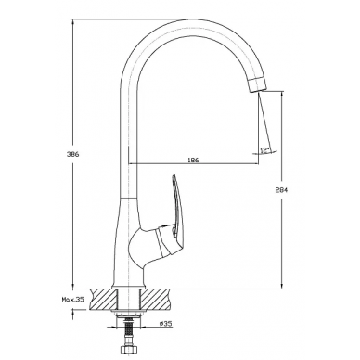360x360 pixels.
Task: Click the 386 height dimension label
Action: tap(73, 154)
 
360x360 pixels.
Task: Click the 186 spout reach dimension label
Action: tap(193, 160)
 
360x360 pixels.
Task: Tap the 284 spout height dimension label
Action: tap(282, 190)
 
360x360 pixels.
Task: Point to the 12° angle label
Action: tap(264, 150)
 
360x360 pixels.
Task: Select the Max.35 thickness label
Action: tap(73, 300)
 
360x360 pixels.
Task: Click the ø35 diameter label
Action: tap(166, 324)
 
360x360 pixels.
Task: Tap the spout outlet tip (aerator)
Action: tap(257, 84)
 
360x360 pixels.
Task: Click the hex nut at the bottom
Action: tap(127, 350)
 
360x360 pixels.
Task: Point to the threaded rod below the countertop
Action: tap(127, 331)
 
